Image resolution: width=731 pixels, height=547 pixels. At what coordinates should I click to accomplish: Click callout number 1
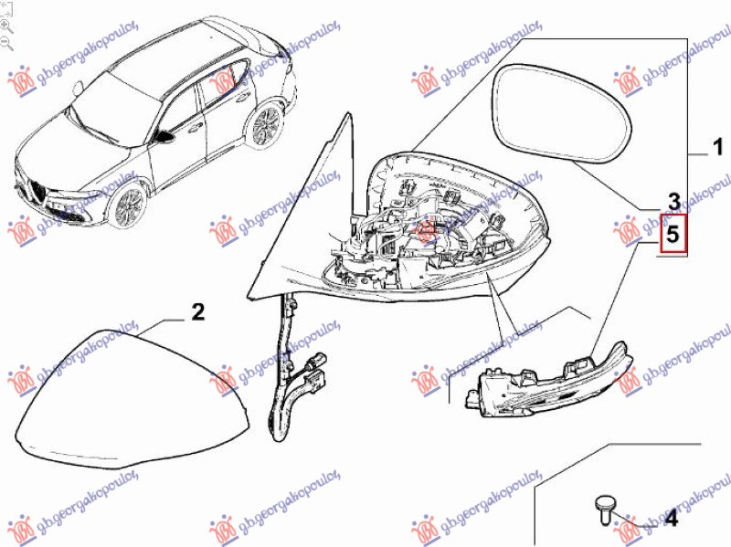coord(718,147)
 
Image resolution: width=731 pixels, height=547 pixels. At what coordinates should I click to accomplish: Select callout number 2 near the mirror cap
coord(198,311)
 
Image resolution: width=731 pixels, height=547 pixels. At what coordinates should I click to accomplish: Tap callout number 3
coord(673,202)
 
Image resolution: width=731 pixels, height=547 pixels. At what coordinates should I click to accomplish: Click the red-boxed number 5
coord(673,234)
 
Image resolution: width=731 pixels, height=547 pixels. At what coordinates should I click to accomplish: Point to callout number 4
coord(671,518)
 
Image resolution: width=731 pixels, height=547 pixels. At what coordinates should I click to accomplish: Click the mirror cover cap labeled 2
coord(132,400)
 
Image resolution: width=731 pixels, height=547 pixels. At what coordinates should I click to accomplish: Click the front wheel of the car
coord(127,207)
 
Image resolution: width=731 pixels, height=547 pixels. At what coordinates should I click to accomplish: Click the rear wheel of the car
coord(266,125)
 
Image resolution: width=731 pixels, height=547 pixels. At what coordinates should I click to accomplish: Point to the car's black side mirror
coord(164,136)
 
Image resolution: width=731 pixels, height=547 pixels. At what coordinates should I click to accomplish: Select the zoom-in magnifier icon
coord(6,26)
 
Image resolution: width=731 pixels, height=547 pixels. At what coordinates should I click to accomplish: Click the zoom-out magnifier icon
coord(6,43)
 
